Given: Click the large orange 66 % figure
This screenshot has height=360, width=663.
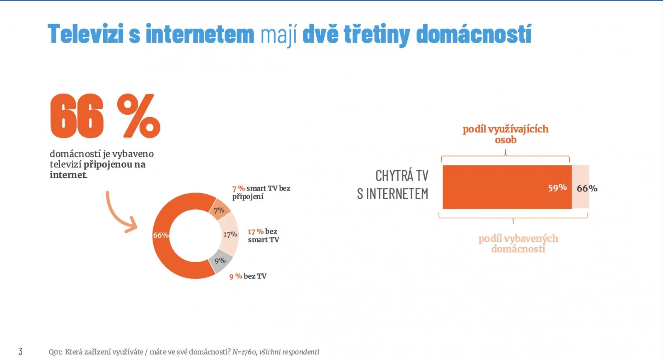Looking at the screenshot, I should (105, 116).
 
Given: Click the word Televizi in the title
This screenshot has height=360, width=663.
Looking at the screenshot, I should (86, 34).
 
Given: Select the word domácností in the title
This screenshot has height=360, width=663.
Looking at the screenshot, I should (473, 34).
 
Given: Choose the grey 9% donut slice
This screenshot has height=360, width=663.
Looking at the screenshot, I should (220, 261).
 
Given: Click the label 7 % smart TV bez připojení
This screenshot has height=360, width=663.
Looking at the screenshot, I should (261, 192).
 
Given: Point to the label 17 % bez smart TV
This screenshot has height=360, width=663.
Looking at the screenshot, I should (263, 235).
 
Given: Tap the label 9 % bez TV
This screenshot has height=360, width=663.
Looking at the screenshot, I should (248, 276).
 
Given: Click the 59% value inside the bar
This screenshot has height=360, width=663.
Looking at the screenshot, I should (557, 188).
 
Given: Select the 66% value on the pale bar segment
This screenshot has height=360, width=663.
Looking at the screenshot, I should (587, 188).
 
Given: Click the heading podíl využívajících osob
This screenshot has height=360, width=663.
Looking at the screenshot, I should (506, 134).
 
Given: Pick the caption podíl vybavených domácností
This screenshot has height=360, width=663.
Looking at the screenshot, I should (518, 244).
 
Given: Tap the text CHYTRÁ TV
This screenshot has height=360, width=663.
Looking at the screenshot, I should (402, 176).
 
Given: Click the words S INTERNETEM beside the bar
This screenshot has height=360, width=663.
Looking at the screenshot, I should (392, 194).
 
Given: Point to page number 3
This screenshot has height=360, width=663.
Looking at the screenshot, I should (20, 351).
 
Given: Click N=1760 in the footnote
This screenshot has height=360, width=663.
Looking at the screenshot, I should (244, 352).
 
